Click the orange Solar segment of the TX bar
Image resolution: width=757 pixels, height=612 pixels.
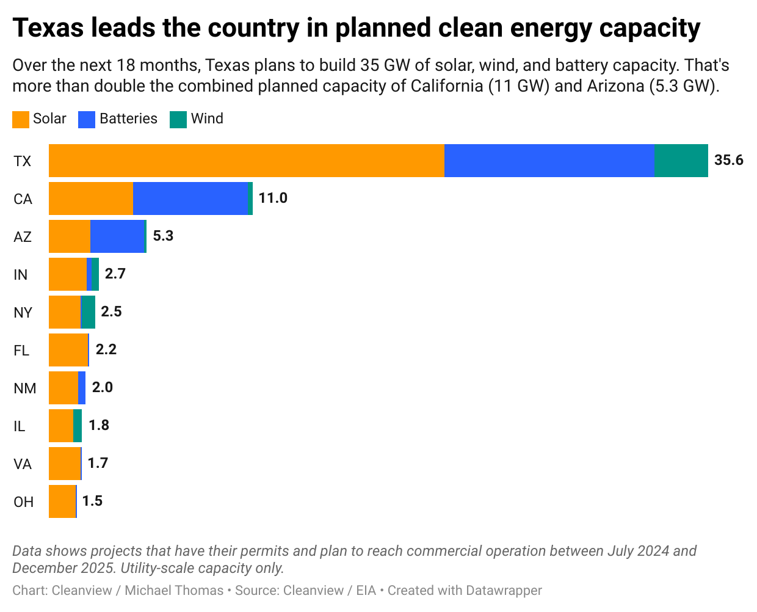(x=246, y=161)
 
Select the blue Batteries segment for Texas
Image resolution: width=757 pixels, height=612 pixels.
(x=549, y=161)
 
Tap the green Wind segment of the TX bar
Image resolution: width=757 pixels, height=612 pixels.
(x=681, y=161)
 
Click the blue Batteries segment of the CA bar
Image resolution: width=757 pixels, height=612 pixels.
(x=190, y=199)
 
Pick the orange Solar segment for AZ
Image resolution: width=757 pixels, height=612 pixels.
(x=70, y=236)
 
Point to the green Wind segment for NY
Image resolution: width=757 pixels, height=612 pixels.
(x=88, y=312)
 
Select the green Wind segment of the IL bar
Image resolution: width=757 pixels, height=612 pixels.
(x=78, y=426)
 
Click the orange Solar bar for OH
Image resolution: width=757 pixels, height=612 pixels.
(x=62, y=501)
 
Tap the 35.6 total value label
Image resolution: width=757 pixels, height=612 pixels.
(x=729, y=161)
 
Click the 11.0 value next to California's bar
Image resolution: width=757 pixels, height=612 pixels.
(x=272, y=198)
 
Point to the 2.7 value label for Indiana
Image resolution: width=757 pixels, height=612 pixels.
(x=115, y=274)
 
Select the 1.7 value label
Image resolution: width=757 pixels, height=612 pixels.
(x=98, y=463)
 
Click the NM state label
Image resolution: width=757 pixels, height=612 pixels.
(x=24, y=388)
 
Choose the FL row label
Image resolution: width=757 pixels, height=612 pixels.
(x=21, y=351)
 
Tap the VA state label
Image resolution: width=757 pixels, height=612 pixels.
(x=23, y=464)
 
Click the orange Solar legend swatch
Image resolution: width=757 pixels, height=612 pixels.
(x=21, y=119)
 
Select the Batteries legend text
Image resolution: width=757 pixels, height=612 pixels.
(x=128, y=118)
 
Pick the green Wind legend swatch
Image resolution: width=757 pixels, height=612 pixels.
(x=178, y=119)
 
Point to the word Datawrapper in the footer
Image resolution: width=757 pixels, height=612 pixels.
(x=504, y=591)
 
